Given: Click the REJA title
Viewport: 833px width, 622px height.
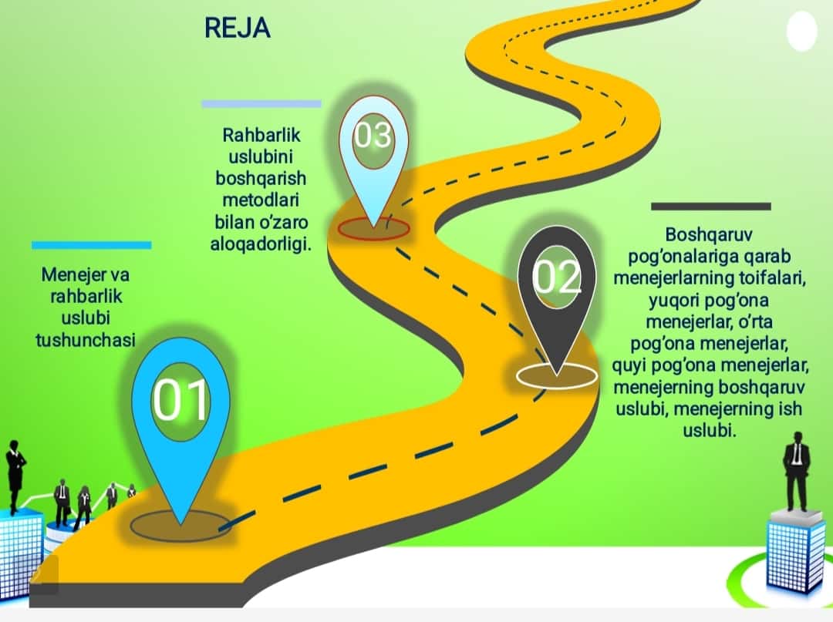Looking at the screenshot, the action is coord(238,28).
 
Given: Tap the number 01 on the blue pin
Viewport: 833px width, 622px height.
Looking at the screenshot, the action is coord(180,400).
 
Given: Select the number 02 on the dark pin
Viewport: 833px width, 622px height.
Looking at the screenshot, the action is coord(556,276).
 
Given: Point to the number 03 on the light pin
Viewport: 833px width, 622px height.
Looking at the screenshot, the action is coord(373,135).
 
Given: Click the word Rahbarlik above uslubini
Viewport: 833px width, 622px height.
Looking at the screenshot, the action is coord(261,135).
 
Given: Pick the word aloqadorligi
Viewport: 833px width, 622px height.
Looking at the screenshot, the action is coord(261,244).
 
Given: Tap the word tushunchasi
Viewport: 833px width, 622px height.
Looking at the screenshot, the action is coord(86,340).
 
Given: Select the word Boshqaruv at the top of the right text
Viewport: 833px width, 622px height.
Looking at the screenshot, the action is coord(709,234).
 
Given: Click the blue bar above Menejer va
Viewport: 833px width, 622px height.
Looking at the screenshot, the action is coord(91,245).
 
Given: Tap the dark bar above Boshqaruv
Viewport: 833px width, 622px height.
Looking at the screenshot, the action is coord(711,207).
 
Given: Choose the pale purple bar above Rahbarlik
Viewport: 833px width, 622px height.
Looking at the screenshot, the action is coord(261,104).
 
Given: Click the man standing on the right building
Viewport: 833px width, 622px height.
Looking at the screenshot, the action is coord(796,471).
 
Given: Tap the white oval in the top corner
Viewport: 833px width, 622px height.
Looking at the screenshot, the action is coord(801,32).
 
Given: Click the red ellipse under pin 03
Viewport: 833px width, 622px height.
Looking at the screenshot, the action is coord(373,229).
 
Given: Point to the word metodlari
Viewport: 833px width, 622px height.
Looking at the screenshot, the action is coord(261,200).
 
